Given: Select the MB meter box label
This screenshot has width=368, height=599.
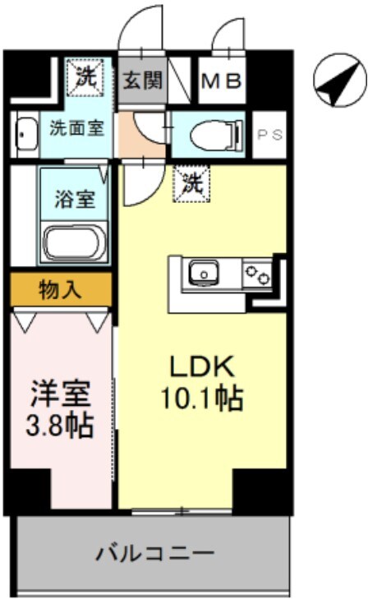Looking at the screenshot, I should coord(221,81).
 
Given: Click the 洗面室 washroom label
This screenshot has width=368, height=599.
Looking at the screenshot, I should coord(76,129).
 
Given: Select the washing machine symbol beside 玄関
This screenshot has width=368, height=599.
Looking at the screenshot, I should coord(85,78).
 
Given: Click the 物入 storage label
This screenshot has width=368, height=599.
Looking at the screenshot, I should coord(61,288).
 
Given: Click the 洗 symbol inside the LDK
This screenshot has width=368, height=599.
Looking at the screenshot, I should coord(192,182).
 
